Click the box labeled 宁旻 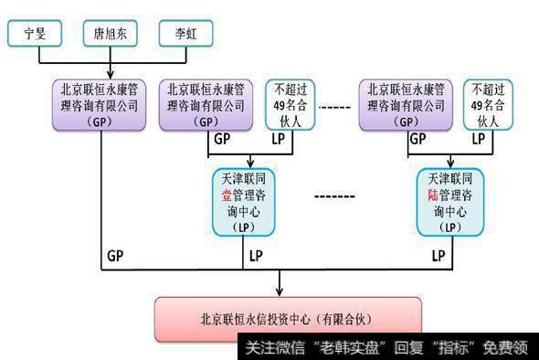[36, 35]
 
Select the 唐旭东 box [111, 35]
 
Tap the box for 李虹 [185, 35]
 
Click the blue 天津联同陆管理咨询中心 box [448, 202]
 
